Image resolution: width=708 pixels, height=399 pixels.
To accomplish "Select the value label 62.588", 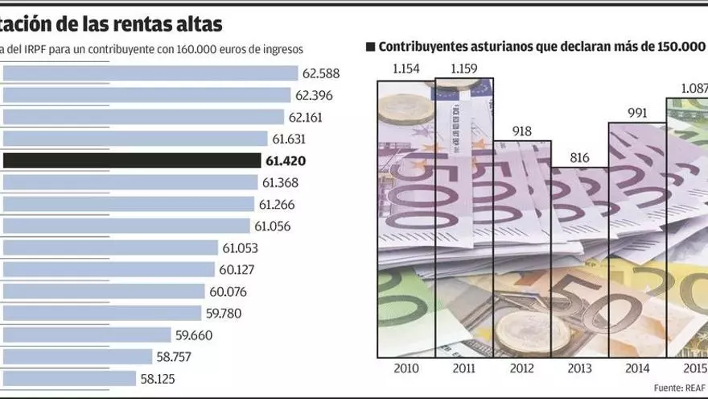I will [x=321, y=73].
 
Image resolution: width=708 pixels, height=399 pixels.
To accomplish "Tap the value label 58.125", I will [x=157, y=378].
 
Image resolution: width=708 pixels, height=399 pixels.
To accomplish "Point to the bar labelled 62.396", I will [x=146, y=95].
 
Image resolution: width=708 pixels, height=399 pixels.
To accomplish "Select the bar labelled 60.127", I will [x=109, y=269].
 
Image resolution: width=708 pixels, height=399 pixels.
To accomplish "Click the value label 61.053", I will [x=240, y=247].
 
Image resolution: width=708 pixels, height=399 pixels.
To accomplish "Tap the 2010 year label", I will [x=405, y=369].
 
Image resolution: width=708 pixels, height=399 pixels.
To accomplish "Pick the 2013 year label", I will [x=579, y=369].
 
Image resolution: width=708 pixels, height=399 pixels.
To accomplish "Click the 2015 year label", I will [x=693, y=369].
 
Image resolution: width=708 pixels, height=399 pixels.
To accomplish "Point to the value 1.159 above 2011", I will [x=464, y=69].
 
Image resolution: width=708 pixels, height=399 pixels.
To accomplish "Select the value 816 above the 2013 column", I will [x=579, y=157].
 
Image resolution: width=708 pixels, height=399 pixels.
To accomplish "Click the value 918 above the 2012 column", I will [x=521, y=131].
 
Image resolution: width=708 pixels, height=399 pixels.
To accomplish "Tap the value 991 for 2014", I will [x=637, y=113].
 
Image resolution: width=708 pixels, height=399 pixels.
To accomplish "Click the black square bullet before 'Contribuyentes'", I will [x=370, y=47].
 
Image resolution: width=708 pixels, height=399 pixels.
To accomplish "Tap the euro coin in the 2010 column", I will [x=405, y=113].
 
